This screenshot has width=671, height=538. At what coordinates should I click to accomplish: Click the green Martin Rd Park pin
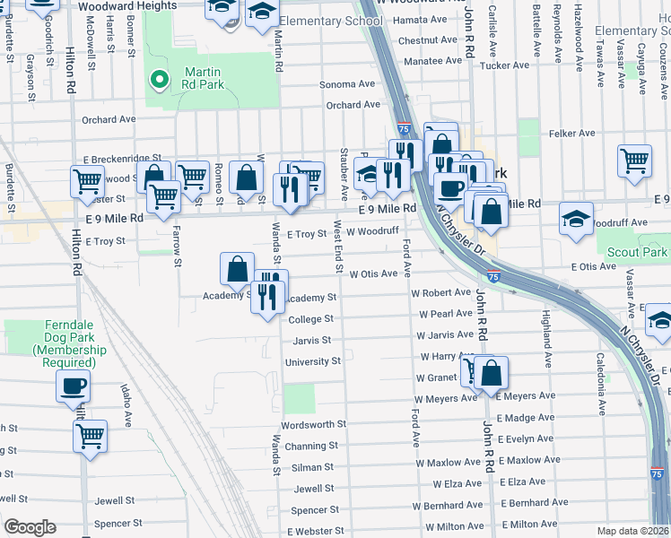(x=159, y=80)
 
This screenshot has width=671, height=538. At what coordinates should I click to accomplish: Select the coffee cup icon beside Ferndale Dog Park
(x=73, y=386)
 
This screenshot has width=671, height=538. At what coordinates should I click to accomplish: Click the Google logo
(x=30, y=527)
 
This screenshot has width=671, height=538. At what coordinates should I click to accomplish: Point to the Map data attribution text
(x=632, y=531)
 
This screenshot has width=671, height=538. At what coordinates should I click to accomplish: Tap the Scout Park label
(x=637, y=253)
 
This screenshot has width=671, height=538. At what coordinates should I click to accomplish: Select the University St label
(x=312, y=361)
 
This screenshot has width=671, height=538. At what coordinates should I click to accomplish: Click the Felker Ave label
(x=572, y=134)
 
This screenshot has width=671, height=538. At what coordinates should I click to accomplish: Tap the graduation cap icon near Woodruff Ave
(x=575, y=218)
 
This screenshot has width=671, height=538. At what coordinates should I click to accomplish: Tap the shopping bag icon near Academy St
(x=236, y=268)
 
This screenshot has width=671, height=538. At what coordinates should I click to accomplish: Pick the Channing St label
(x=311, y=446)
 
